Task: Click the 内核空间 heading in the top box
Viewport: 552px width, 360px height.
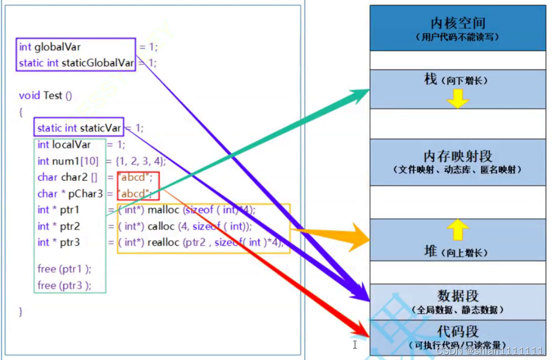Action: click(457, 23)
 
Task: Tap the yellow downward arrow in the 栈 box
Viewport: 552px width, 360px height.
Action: click(458, 99)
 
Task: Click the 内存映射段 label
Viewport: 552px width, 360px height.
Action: click(457, 157)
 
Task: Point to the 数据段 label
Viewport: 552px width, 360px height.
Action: click(458, 296)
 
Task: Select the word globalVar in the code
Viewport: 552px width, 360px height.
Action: click(57, 47)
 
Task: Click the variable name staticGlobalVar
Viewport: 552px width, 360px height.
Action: click(98, 63)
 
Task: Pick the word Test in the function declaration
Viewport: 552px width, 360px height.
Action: click(53, 95)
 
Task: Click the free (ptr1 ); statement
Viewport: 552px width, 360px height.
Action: click(64, 269)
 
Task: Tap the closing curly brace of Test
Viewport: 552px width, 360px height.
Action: click(21, 311)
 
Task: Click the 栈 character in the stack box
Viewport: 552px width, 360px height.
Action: click(431, 80)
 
